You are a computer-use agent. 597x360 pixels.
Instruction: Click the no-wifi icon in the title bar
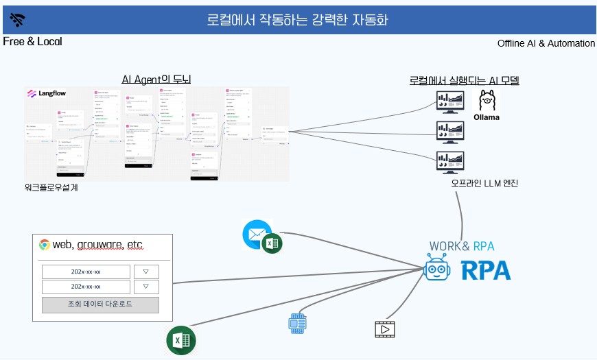[x=18, y=19]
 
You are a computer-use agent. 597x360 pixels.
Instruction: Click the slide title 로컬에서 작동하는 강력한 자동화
[x=298, y=19]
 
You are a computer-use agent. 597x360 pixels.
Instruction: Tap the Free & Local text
[x=32, y=42]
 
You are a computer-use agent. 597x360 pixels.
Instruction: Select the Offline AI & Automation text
[x=546, y=43]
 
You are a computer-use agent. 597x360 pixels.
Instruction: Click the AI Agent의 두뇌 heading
[x=156, y=80]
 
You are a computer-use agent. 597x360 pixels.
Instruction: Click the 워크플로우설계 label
[x=51, y=187]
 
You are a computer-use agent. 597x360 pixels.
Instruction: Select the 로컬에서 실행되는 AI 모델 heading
[x=464, y=80]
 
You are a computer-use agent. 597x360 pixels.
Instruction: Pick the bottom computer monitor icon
[x=451, y=163]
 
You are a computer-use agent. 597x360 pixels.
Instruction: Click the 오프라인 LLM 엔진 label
[x=484, y=183]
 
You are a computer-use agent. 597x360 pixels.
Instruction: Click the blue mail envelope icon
[x=256, y=235]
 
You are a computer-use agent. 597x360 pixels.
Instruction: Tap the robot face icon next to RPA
[x=439, y=269]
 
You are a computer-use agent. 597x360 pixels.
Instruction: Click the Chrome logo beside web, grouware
[x=45, y=245]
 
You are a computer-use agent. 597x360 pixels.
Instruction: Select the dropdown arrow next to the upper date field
[x=145, y=272]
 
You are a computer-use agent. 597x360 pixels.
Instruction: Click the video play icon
[x=385, y=330]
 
